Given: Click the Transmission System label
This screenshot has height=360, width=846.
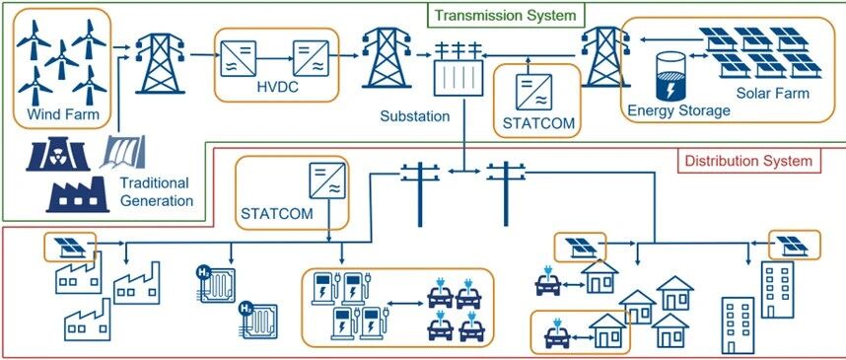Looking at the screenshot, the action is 506,15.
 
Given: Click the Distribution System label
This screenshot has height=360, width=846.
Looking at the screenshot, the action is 748,161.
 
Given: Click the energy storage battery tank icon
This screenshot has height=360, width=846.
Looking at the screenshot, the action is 670,77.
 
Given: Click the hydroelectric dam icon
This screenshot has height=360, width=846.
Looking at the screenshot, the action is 123,151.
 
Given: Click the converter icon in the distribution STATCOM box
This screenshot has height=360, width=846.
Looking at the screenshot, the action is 326,180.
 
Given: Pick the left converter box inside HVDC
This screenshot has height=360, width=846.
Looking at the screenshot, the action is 238,58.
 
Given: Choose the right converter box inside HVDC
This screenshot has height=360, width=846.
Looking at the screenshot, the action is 311,58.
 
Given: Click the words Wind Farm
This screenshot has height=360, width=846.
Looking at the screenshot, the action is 63,115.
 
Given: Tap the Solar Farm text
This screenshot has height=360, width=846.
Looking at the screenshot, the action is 773,94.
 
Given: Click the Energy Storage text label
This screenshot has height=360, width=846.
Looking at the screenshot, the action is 678,110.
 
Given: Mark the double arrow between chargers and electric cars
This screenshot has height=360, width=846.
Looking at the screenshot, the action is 404,304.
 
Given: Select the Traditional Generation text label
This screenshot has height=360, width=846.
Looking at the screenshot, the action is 157,191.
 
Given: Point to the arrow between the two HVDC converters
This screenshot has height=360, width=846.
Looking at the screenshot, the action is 275,58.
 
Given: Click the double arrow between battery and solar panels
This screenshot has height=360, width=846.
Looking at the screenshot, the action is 699,55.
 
